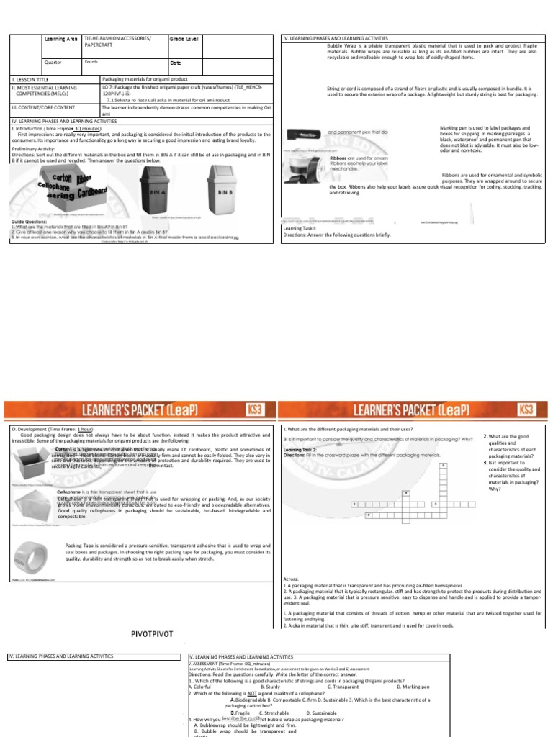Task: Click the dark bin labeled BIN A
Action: tap(153, 189)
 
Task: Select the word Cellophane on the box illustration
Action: tap(53, 185)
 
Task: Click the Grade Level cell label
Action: tap(185, 39)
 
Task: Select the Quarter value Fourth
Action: tap(91, 63)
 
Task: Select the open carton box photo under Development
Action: tap(30, 458)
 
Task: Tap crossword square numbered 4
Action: tap(406, 492)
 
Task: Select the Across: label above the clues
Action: tap(291, 577)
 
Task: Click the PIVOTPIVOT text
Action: tap(154, 634)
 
